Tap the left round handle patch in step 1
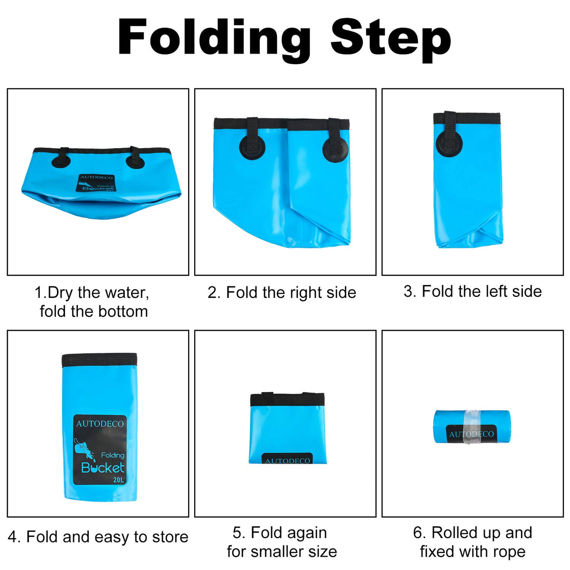click(x=61, y=161)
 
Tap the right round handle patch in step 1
click(x=135, y=161)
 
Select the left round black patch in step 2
click(x=252, y=147)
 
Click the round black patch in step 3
click(x=449, y=143)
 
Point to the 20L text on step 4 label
click(x=118, y=479)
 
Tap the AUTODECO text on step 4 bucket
click(x=100, y=424)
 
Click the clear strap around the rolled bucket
click(x=472, y=427)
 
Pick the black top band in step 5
click(x=287, y=399)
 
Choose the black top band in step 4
click(x=99, y=360)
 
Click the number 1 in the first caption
click(x=38, y=293)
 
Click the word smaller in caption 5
click(x=277, y=552)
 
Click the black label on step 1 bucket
click(x=96, y=183)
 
